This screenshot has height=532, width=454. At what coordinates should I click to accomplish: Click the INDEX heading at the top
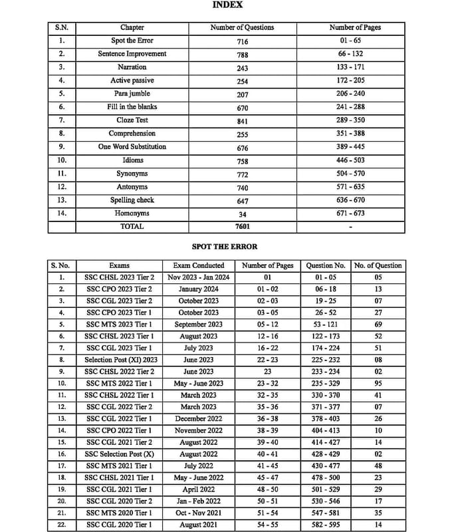pos(227,5)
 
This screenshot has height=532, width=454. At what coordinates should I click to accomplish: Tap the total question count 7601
pos(242,227)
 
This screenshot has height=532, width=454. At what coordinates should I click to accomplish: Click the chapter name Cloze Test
pos(132,120)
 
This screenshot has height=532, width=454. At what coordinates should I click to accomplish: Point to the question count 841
pos(242,121)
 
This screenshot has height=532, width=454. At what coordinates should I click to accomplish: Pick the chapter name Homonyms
pos(132,213)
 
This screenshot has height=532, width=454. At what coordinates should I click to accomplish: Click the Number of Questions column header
pos(242,28)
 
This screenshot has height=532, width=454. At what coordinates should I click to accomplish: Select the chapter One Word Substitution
pos(132,147)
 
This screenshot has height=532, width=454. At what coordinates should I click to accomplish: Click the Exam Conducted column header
pos(199,265)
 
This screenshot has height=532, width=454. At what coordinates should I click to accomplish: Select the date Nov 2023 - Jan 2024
pos(199,277)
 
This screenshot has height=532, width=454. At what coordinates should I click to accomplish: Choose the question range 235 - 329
pos(326,384)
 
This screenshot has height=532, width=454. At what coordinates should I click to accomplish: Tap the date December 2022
pos(199,419)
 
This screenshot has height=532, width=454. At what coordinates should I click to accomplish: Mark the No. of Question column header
pos(378,265)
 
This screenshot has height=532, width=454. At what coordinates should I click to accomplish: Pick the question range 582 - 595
pos(326,525)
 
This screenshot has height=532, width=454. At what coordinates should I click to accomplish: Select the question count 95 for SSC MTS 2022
pos(378,384)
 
